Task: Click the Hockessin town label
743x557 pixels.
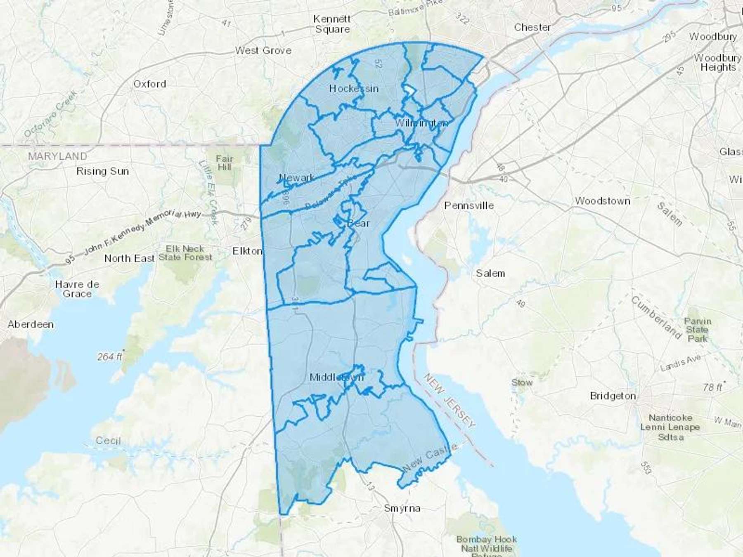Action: click(354, 89)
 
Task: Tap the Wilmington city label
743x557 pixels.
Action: click(421, 123)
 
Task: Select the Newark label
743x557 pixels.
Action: click(296, 177)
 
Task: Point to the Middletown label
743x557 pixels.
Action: click(336, 377)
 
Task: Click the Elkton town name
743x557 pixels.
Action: click(247, 251)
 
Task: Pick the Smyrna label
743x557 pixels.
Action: click(402, 508)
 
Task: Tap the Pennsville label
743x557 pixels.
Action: click(469, 205)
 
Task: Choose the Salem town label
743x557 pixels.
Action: click(490, 273)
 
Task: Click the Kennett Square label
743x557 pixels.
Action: click(332, 24)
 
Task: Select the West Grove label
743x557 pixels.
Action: click(263, 50)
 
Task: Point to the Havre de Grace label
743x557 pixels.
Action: click(77, 289)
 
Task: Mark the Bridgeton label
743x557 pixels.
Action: click(613, 396)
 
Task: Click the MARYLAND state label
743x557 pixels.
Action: click(58, 156)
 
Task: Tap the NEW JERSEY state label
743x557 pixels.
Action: click(450, 401)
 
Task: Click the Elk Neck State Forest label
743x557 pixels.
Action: click(185, 253)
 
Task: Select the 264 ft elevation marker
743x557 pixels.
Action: click(109, 356)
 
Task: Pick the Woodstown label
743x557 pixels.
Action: click(602, 201)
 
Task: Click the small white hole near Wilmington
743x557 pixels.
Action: click(409, 90)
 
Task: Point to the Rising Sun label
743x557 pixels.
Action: click(102, 171)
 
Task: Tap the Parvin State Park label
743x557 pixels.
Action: click(697, 330)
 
